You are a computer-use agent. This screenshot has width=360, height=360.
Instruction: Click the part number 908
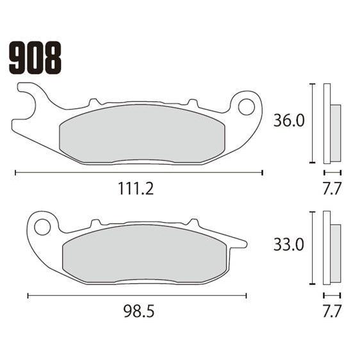pyautogui.click(x=35, y=58)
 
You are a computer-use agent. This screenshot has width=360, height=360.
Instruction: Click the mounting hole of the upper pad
pyautogui.click(x=246, y=107)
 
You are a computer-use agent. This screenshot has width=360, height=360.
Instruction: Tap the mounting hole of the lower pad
pyautogui.click(x=42, y=227)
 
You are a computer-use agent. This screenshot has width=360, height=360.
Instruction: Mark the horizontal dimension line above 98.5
pyautogui.click(x=138, y=295)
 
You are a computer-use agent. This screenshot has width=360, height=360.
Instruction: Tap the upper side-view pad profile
pyautogui.click(x=331, y=125)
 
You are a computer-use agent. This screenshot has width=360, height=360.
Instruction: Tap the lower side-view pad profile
pyautogui.click(x=331, y=248)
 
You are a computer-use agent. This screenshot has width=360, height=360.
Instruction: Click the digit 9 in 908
pyautogui.click(x=18, y=58)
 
